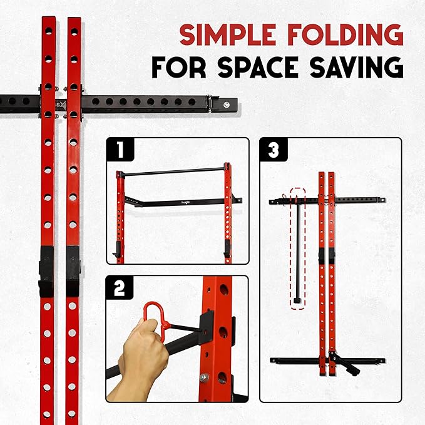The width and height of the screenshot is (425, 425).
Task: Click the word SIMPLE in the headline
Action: (x=228, y=34)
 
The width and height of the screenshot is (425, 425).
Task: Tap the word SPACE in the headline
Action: (x=258, y=67)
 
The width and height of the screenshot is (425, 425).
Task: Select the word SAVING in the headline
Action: (x=357, y=67)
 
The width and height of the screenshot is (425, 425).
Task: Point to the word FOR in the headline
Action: (x=179, y=67)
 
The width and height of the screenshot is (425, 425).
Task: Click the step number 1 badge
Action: (x=120, y=150)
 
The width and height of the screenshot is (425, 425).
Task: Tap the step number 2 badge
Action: (x=120, y=288)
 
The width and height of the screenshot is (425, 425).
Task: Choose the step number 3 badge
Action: (x=273, y=150)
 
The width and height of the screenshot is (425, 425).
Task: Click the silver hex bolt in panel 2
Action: (x=204, y=377)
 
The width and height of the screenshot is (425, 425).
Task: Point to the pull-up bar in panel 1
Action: (x=173, y=172)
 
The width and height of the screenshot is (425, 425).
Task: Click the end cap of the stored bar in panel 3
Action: (x=297, y=300)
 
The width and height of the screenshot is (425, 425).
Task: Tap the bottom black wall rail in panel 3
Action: (x=327, y=361)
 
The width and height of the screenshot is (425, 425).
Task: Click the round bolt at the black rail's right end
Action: (x=227, y=105)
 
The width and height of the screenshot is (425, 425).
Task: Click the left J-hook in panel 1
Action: (x=117, y=249)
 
